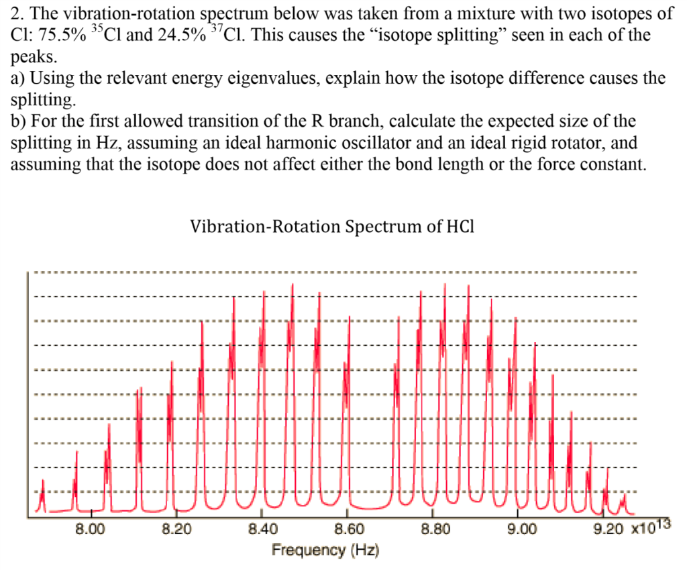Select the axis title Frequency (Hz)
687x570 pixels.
[x=325, y=551]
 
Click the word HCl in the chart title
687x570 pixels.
[x=460, y=227]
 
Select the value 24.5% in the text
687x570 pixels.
[x=178, y=35]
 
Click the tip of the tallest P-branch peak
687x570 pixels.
[x=293, y=284]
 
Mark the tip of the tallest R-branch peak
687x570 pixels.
[x=445, y=284]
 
